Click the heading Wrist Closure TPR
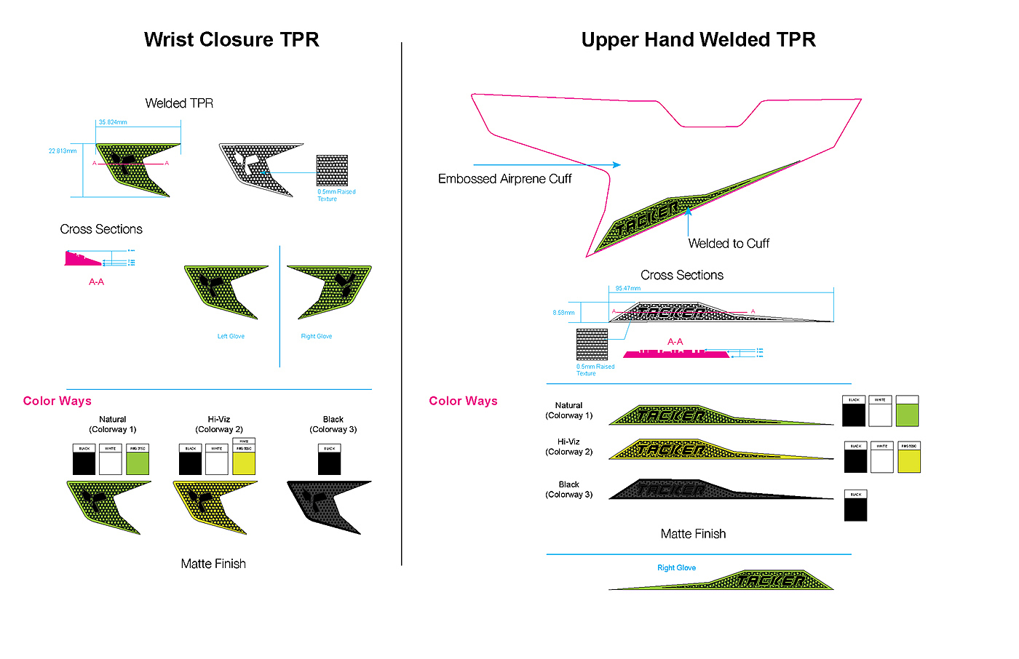231,40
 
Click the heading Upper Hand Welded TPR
698,40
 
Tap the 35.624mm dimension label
113,122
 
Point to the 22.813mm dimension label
63,151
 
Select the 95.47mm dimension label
628,289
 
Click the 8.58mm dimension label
563,313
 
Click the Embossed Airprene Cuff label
504,179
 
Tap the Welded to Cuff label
729,244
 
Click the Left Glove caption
231,336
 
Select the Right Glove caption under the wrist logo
317,336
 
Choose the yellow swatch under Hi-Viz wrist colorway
244,463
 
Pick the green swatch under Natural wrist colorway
138,463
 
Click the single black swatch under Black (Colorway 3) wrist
329,463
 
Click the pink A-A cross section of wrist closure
82,260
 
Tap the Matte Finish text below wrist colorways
213,564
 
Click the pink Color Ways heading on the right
463,401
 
